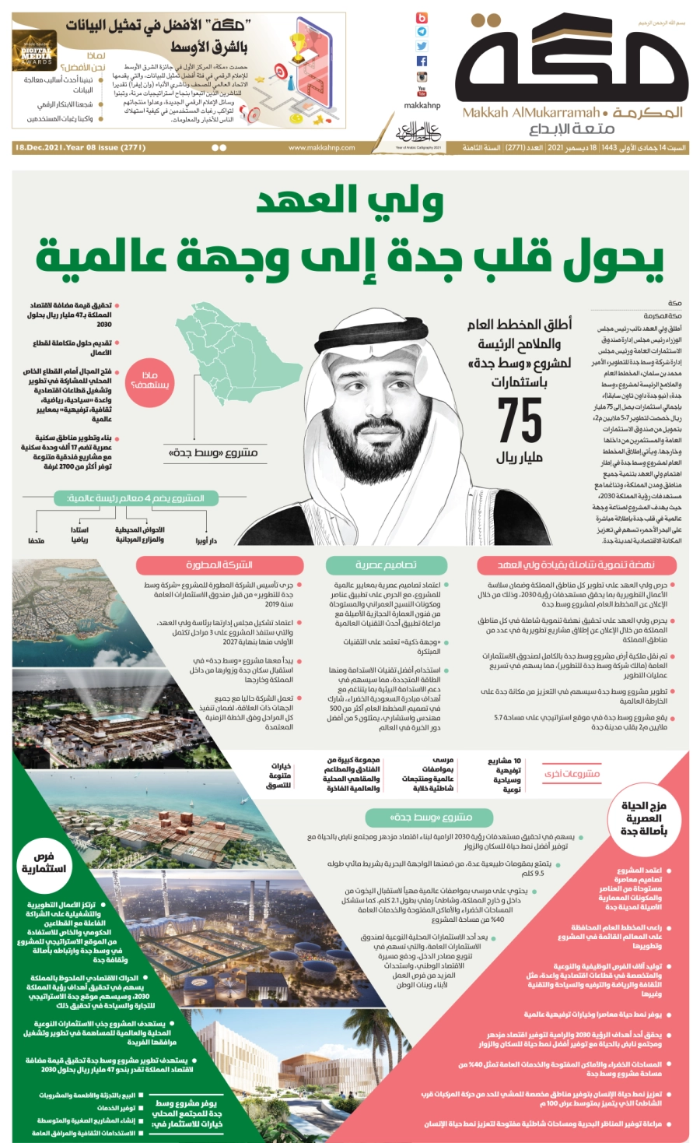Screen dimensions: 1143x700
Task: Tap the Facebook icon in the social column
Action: [x=422, y=61]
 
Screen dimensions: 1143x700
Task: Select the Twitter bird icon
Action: [x=422, y=46]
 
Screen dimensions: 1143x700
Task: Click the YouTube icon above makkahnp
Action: [x=422, y=91]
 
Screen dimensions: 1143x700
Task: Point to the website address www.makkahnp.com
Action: [x=321, y=147]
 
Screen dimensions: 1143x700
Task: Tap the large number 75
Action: [x=520, y=420]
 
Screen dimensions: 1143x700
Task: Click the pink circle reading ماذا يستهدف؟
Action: [x=151, y=380]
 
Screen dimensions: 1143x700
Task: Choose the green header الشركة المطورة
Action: [x=219, y=564]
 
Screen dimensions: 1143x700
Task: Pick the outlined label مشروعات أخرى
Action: [x=572, y=774]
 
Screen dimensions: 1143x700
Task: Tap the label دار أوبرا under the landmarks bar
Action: [x=206, y=540]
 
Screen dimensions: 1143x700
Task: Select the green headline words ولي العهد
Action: [x=350, y=201]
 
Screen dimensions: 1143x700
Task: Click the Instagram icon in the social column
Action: [x=422, y=76]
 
